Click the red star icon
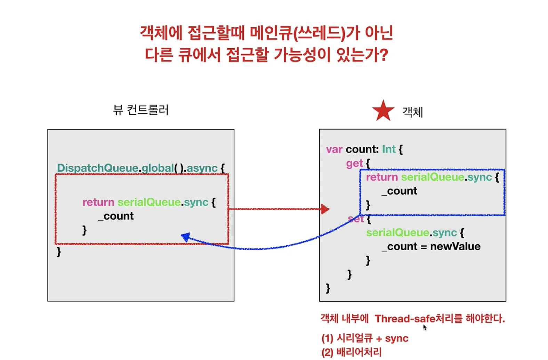383,111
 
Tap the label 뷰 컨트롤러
141,110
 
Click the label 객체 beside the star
413,112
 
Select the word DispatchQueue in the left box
98,168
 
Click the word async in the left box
202,168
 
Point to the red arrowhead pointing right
325,209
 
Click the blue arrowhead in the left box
185,237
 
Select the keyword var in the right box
334,149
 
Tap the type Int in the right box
389,149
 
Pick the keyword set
356,219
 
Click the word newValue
455,246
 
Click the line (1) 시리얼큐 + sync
365,338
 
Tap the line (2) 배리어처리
352,352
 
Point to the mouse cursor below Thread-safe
425,327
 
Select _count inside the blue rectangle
399,191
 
